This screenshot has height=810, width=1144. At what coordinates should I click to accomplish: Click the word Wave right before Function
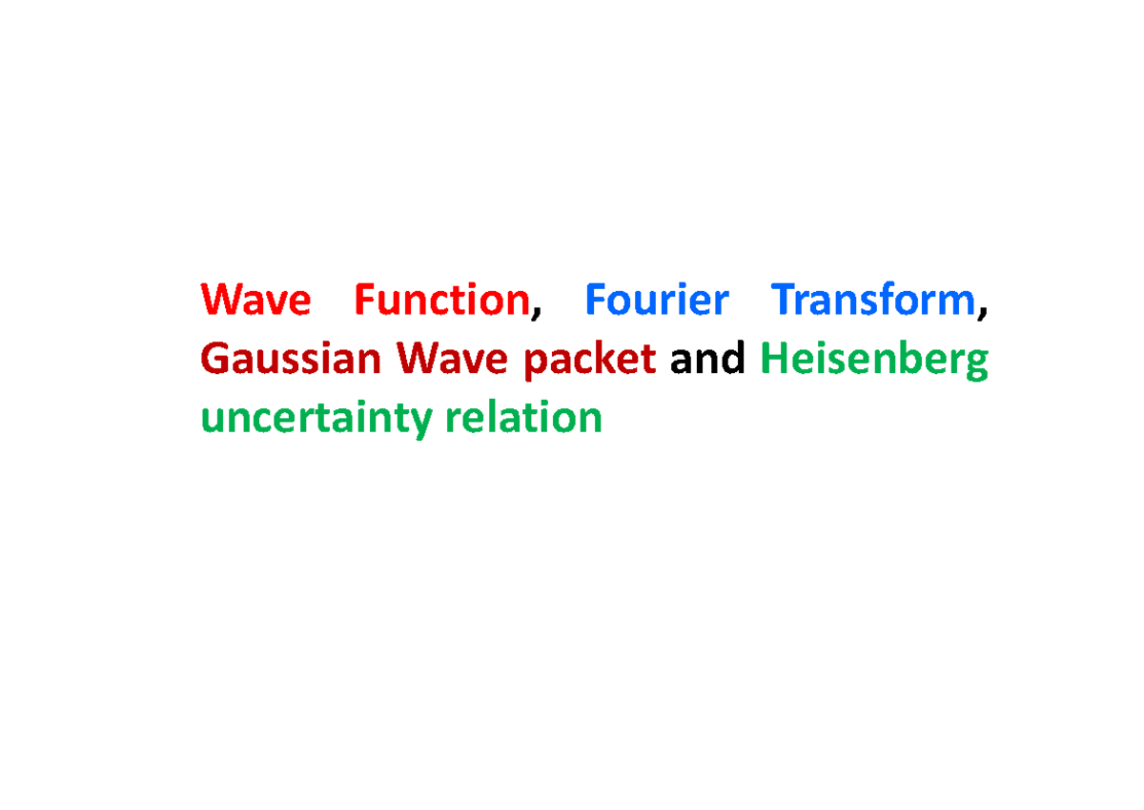[255, 301]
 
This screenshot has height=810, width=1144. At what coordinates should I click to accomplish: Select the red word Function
[441, 301]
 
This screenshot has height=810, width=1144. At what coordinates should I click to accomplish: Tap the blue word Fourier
[656, 301]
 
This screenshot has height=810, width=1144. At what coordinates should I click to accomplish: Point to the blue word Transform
[873, 301]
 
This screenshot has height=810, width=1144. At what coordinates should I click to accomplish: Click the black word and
[707, 360]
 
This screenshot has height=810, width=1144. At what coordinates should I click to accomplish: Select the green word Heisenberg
[874, 362]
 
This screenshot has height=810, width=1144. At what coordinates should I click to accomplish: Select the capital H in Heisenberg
[774, 360]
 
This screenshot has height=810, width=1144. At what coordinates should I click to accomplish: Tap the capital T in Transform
[785, 301]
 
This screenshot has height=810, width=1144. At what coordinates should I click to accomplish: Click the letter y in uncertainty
[424, 423]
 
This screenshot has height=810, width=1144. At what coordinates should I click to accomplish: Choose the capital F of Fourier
[595, 301]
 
